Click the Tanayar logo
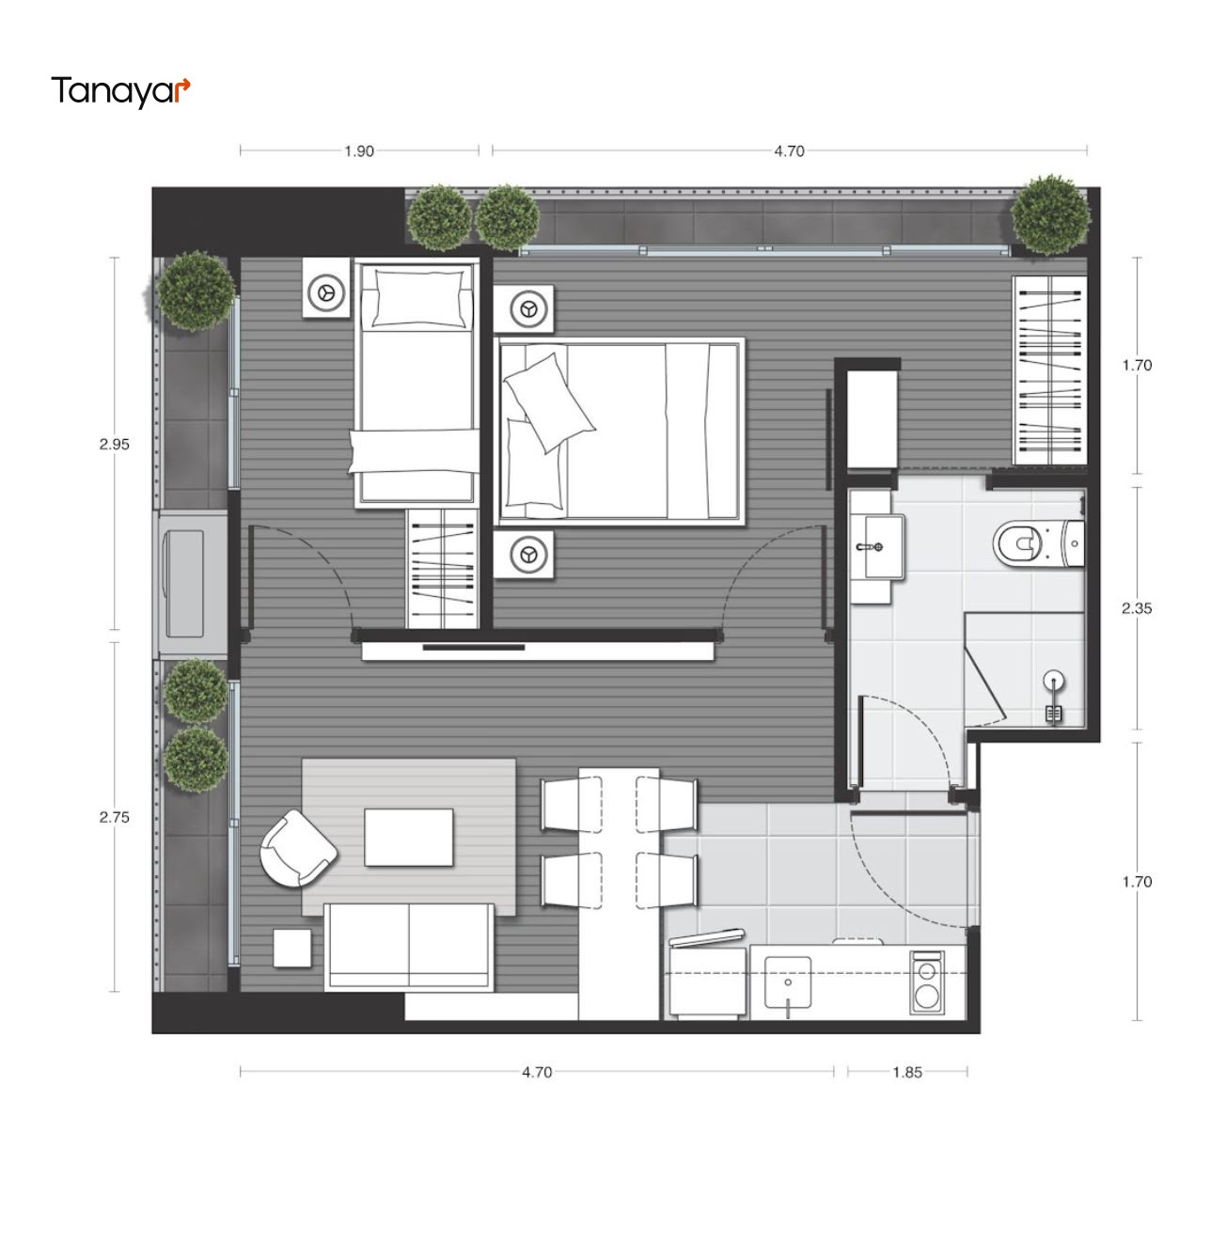pyautogui.click(x=120, y=91)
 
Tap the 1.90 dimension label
pyautogui.click(x=358, y=151)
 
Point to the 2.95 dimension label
pyautogui.click(x=114, y=445)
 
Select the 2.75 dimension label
pyautogui.click(x=114, y=817)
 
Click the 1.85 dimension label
pyautogui.click(x=906, y=1072)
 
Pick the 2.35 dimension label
pyautogui.click(x=1137, y=608)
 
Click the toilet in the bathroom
pyautogui.click(x=1038, y=543)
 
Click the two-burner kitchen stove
pyautogui.click(x=926, y=982)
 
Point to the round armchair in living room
pyautogui.click(x=297, y=848)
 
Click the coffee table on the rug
pyautogui.click(x=409, y=838)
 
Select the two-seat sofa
pyautogui.click(x=409, y=947)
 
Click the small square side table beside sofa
pyautogui.click(x=292, y=948)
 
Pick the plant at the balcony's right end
pyautogui.click(x=1050, y=213)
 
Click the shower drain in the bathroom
pyautogui.click(x=1053, y=681)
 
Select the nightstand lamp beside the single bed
pyautogui.click(x=326, y=292)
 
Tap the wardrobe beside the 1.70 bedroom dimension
pyautogui.click(x=1049, y=370)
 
